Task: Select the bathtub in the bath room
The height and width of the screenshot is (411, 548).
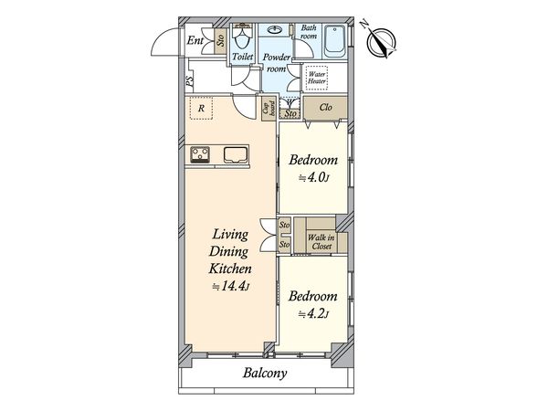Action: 334,42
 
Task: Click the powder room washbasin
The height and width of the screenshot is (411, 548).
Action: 275,30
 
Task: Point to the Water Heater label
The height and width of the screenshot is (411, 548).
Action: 317,78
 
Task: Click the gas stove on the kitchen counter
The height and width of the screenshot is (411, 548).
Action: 200,154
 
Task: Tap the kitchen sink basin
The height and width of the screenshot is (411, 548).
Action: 236,155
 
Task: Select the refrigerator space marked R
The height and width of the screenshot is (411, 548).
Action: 201,109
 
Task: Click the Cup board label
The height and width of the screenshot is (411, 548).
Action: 269,109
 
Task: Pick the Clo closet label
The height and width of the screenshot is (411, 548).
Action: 325,107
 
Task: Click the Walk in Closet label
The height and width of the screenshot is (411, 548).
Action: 321,242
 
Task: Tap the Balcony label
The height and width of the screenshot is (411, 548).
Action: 265,374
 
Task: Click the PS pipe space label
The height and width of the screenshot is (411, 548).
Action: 189,81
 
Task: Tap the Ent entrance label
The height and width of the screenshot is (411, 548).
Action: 195,40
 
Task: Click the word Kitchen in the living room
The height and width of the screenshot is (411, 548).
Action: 230,269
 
